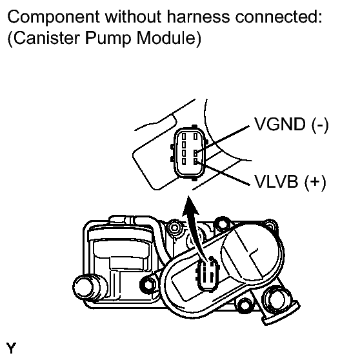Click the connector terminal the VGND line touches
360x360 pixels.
pyautogui.click(x=195, y=154)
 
